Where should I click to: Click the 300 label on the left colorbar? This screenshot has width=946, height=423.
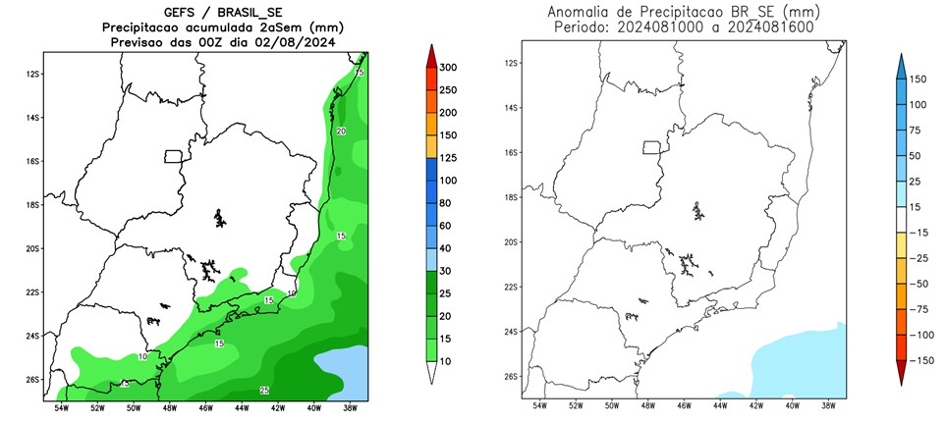click(x=450, y=68)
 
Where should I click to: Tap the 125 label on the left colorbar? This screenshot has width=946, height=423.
click(x=450, y=158)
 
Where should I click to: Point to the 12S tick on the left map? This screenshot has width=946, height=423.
click(x=32, y=74)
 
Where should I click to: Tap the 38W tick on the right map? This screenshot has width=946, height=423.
click(x=827, y=405)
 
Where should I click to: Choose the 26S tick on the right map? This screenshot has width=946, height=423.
click(x=511, y=376)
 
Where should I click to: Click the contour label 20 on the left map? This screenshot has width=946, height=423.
click(x=341, y=131)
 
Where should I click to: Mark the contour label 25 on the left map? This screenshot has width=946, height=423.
click(x=264, y=391)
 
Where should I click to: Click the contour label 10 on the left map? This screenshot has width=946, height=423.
click(x=142, y=357)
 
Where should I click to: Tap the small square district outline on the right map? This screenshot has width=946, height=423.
click(x=650, y=148)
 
